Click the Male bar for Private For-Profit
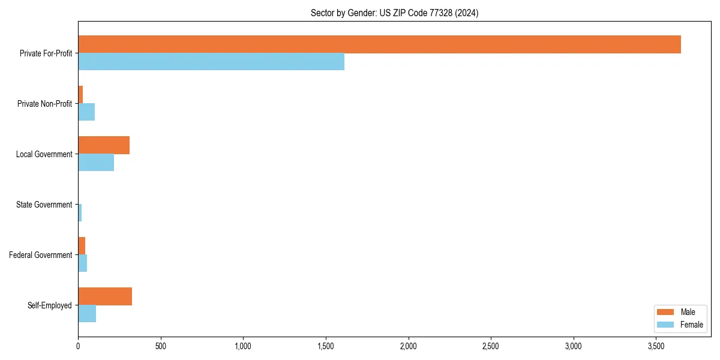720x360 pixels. [379, 44]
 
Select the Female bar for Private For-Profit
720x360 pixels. [211, 62]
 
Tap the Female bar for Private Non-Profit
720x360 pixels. [86, 112]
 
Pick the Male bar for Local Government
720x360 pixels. [104, 145]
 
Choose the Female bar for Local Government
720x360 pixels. [96, 163]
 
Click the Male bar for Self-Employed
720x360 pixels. [105, 296]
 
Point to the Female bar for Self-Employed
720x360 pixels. [87, 314]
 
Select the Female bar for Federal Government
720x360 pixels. [83, 263]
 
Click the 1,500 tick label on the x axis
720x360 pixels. [326, 347]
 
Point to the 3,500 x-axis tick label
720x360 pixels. [656, 347]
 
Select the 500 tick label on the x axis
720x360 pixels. [160, 347]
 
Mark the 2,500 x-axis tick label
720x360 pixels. [491, 347]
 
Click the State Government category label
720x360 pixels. [44, 205]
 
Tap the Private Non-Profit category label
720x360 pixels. [44, 104]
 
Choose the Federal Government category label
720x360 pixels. [41, 255]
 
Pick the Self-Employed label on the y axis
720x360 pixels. [50, 305]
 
